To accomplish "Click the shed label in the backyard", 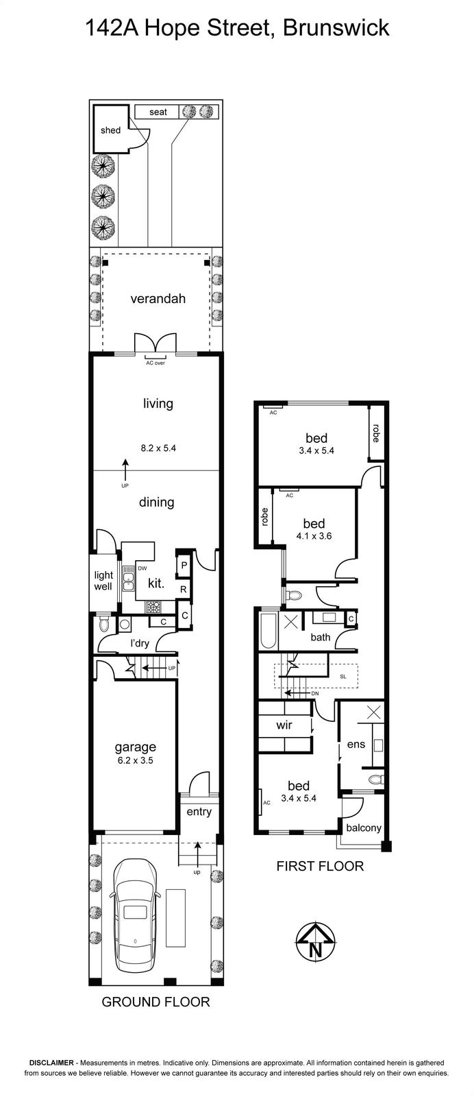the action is [x=110, y=130].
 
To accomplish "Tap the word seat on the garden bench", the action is [x=158, y=112].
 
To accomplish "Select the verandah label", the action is [x=158, y=299].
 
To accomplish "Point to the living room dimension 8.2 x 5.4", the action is [x=158, y=448].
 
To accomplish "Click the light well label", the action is [x=103, y=581].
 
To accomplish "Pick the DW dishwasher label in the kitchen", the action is [x=142, y=568].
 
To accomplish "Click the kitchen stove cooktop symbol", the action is [x=153, y=607].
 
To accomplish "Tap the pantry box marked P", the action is [x=184, y=565].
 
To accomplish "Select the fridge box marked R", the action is [x=184, y=590].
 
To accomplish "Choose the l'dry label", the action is [x=140, y=643].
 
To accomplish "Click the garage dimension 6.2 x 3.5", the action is [x=136, y=760].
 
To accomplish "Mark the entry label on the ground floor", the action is [x=199, y=812].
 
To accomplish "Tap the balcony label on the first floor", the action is [x=364, y=828].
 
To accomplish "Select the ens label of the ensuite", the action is [x=356, y=745].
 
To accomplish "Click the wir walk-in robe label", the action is [x=284, y=725].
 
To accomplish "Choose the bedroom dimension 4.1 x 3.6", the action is [x=314, y=536].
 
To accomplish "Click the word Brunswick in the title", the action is [x=336, y=28].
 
